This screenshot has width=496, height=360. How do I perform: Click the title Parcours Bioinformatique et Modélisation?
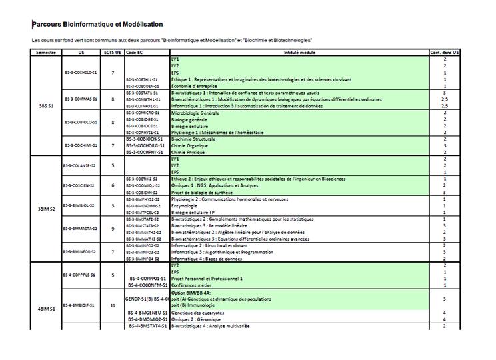click(x=98, y=25)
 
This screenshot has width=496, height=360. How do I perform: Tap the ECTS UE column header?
click(x=113, y=52)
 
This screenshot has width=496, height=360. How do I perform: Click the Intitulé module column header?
click(x=300, y=52)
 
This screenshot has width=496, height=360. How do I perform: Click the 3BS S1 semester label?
click(x=46, y=105)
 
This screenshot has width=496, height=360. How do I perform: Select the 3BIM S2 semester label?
click(x=46, y=209)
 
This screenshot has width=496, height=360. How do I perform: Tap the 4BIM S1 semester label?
click(x=46, y=309)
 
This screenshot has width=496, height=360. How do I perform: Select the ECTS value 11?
click(x=113, y=305)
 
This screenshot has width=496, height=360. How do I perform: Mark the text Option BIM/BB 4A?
click(x=191, y=292)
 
